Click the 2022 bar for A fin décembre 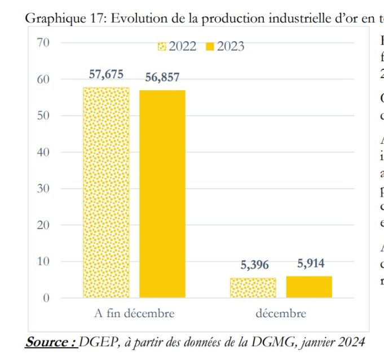click(106, 192)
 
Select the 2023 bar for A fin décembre click(162, 194)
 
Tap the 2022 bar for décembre click(253, 288)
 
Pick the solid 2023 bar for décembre click(309, 287)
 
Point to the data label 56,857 click(162, 77)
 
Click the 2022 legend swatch click(162, 47)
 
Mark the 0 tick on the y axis click(46, 298)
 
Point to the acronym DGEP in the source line click(96, 342)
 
